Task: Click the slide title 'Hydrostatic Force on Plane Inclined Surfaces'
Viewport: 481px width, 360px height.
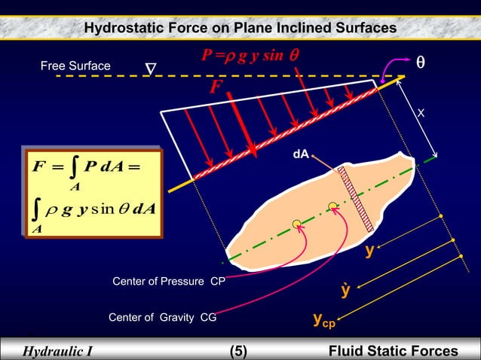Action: coord(240,28)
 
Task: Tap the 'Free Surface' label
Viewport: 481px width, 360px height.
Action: coord(75,66)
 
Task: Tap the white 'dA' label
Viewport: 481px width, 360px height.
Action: coord(300,154)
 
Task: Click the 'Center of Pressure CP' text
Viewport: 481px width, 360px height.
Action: coord(168,282)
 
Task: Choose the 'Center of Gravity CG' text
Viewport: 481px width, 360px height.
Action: coord(162,318)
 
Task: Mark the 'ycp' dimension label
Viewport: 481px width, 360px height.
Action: coord(325,322)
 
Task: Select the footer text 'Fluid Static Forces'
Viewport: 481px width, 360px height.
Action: coord(393,351)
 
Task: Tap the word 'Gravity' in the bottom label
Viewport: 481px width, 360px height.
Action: coord(176,318)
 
